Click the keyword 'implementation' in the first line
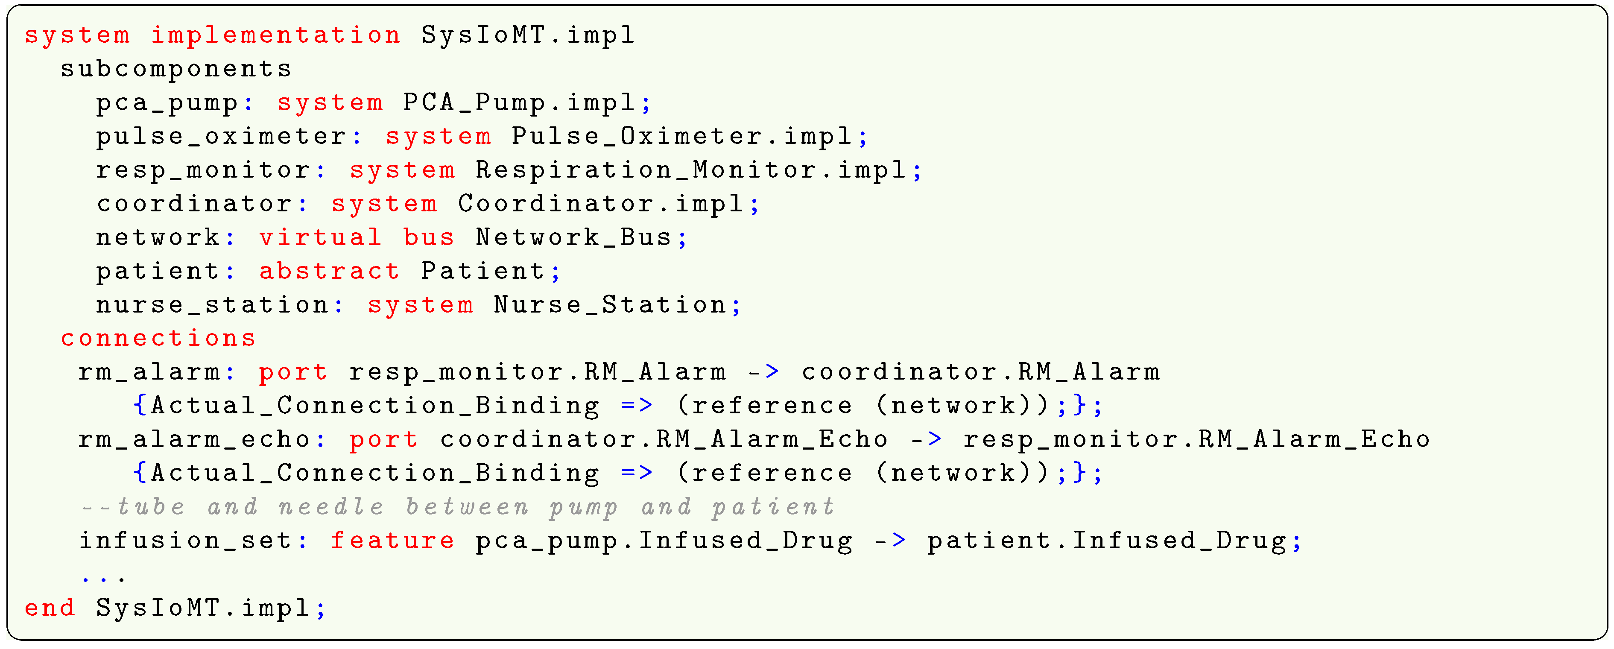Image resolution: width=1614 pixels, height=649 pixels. [x=276, y=35]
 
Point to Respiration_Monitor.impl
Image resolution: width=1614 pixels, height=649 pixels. [x=691, y=170]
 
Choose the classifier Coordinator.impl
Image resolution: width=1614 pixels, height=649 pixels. [x=600, y=204]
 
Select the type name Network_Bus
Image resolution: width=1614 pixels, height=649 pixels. [x=573, y=238]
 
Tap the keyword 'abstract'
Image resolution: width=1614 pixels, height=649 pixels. [x=329, y=272]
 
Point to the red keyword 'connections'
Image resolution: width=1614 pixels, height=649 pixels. [x=158, y=339]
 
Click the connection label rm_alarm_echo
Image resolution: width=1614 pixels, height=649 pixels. [x=194, y=440]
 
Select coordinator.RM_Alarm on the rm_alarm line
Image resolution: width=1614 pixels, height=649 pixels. [x=980, y=373]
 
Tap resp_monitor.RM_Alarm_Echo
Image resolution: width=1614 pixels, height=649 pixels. [x=1197, y=440]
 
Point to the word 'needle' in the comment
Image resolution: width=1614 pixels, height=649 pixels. [x=331, y=507]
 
